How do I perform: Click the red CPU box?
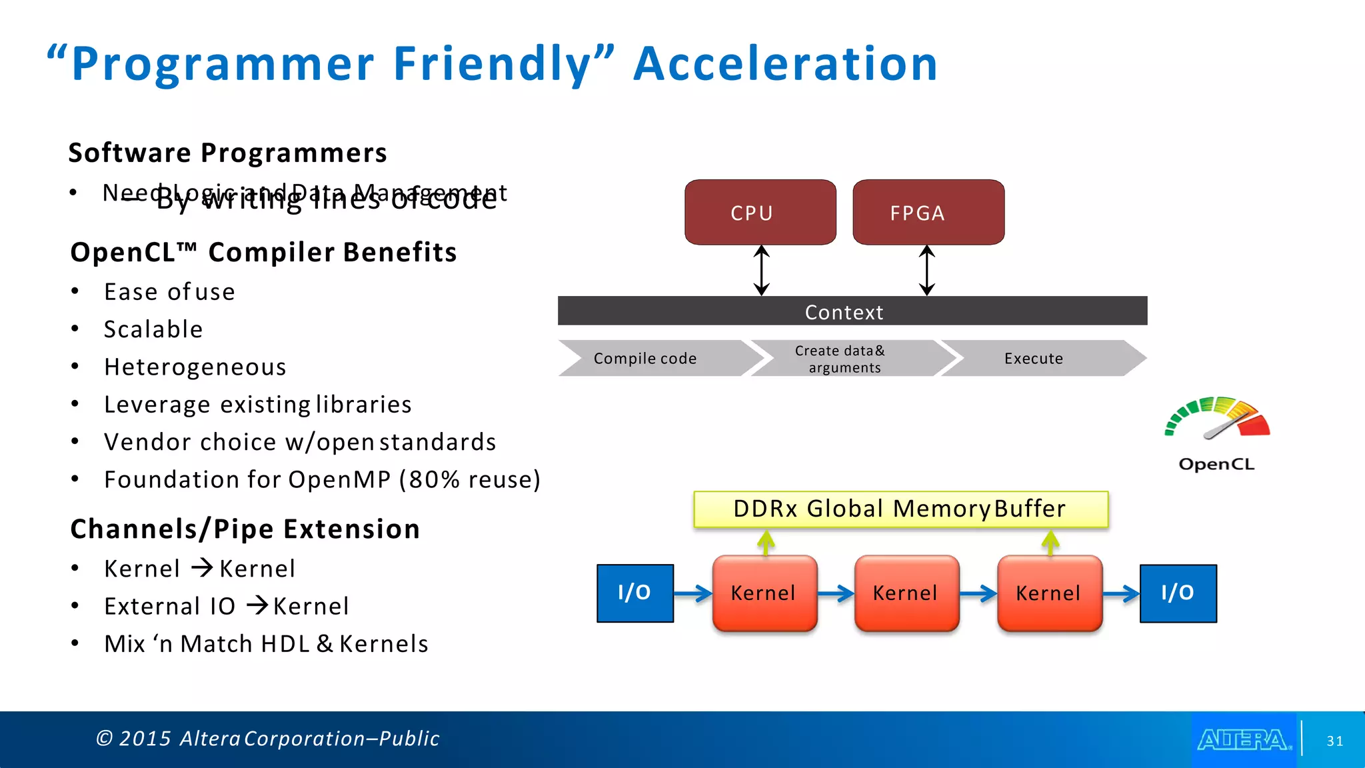coord(760,212)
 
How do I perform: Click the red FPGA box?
coord(928,212)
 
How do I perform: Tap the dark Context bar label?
coord(844,312)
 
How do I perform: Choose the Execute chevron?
coord(1034,359)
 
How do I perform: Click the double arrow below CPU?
coord(762,270)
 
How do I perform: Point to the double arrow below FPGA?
coord(926,270)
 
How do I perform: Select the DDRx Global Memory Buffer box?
coord(900,509)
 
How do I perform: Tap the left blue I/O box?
coord(635,593)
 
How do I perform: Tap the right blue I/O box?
coord(1178,593)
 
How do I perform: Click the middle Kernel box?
coord(906,593)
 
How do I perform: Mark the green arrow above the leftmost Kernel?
coord(766,543)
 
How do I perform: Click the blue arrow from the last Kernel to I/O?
coord(1121,593)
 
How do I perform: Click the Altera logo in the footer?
coord(1244,740)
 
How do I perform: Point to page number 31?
coord(1334,741)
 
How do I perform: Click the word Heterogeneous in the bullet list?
coord(195,367)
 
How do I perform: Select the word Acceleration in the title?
coord(785,64)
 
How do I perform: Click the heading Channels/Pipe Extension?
coord(245,529)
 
